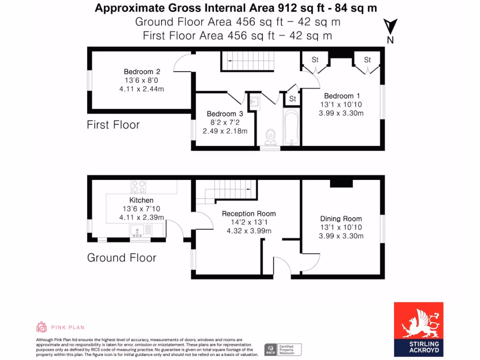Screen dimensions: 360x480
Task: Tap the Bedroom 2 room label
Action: click(x=142, y=72)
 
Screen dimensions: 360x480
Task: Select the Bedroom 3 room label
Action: click(x=225, y=114)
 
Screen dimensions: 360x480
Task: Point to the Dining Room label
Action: click(x=341, y=218)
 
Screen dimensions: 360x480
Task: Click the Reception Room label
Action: click(x=249, y=213)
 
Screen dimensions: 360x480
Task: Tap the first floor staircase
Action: click(x=247, y=61)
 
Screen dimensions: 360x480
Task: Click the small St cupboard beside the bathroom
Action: click(x=292, y=98)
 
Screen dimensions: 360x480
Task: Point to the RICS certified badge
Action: click(x=283, y=349)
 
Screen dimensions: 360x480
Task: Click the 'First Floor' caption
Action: click(x=113, y=125)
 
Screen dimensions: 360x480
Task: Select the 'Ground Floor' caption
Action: click(x=121, y=257)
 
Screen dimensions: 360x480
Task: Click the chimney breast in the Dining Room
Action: click(x=341, y=183)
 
